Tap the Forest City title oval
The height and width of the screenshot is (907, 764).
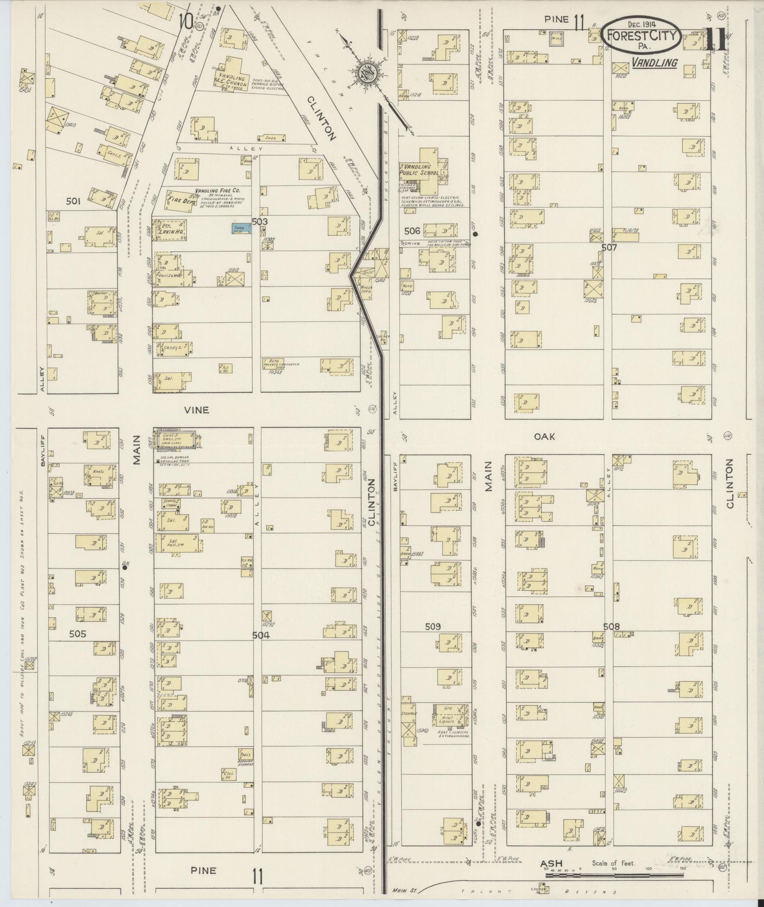[x=643, y=36]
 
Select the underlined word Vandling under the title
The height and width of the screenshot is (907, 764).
[x=654, y=62]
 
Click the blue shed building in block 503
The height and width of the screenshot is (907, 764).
[x=241, y=229]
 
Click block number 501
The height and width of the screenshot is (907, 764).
[x=73, y=201]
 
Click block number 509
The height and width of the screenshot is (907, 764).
[x=432, y=626]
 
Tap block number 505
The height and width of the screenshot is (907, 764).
[x=77, y=633]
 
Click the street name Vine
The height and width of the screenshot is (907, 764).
[x=197, y=410]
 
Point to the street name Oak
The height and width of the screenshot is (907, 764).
[x=544, y=436]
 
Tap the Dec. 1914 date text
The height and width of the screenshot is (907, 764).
[x=645, y=24]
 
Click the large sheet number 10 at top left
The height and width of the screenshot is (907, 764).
[x=186, y=21]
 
